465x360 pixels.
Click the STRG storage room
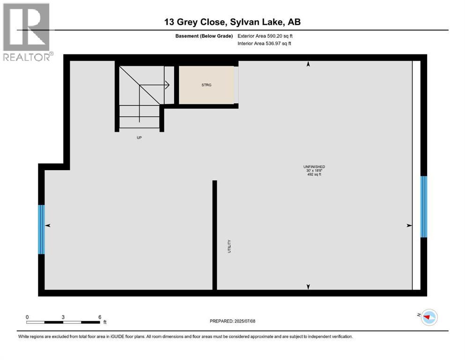coord(206,85)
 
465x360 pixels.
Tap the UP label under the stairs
coord(139,138)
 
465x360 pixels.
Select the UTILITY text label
coord(229,247)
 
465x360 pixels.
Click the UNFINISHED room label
coord(314,167)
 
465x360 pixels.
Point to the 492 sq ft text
coord(314,174)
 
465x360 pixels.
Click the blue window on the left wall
coord(41,229)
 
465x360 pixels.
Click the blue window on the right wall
coord(424,207)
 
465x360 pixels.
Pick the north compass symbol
coord(428,317)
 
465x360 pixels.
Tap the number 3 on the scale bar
coord(63,317)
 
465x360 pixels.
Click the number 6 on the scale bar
coord(100,317)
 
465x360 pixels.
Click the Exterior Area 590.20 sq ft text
coord(266,36)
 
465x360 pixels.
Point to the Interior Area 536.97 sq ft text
coord(265,43)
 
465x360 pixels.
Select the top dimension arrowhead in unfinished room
coord(308,65)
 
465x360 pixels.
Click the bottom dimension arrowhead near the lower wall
coord(308,286)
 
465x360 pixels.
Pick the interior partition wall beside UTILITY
coord(214,234)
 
